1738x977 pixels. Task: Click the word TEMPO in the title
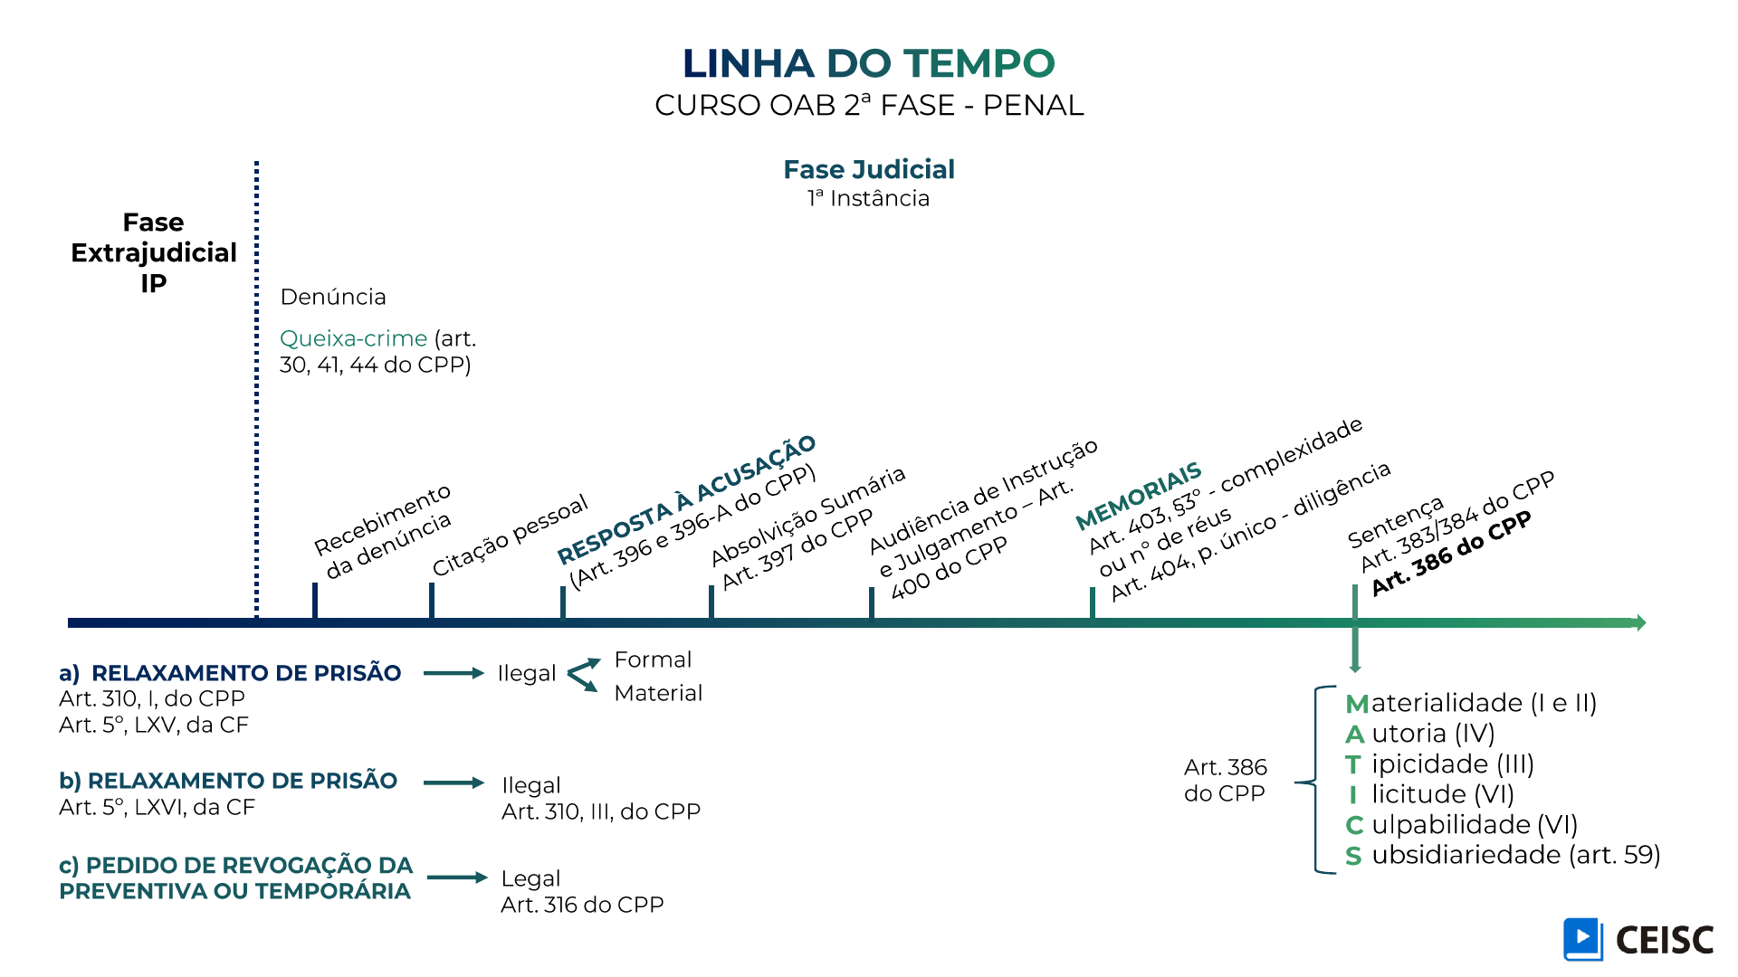pos(979,63)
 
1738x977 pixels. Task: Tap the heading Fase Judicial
pos(868,169)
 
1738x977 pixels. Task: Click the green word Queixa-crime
pos(353,338)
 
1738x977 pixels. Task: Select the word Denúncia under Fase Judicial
pos(333,297)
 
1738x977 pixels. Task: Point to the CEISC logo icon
pos(1582,939)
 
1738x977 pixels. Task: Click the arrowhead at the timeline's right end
pos(1639,622)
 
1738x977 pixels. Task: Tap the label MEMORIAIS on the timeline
pos(1138,496)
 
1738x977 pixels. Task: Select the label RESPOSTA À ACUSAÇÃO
pos(686,499)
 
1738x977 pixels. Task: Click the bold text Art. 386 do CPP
pos(1451,553)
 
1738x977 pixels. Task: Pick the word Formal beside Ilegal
pos(653,659)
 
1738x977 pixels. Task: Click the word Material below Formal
pos(658,693)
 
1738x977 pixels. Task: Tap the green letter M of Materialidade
pos(1357,704)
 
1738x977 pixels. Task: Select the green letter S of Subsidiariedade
pos(1353,856)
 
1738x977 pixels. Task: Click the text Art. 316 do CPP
pos(582,905)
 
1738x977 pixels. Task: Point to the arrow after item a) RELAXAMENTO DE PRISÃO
pos(454,673)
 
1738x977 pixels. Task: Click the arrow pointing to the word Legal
pos(457,877)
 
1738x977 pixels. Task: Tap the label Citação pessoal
pos(510,536)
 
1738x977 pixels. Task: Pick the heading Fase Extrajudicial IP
pos(154,252)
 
